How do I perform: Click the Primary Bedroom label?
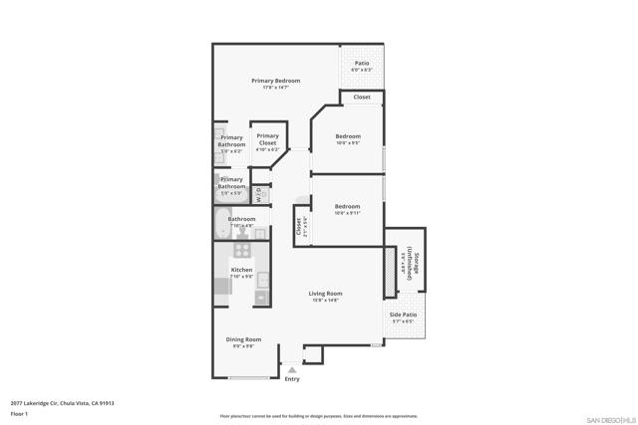coord(275,81)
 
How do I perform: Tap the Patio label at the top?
coord(361,63)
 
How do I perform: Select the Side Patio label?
coord(403,315)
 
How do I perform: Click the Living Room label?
coord(325,294)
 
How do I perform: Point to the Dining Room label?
coord(243,339)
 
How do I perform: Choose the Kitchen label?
coord(242,270)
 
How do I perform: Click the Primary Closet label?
coord(267,140)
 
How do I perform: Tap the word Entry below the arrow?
coord(292,379)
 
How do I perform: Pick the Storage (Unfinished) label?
coord(411,266)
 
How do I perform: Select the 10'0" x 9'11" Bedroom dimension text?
coord(348,213)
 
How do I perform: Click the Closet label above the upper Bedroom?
coord(362,98)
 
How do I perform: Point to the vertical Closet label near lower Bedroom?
coord(298,226)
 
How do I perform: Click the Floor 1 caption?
coord(20,413)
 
